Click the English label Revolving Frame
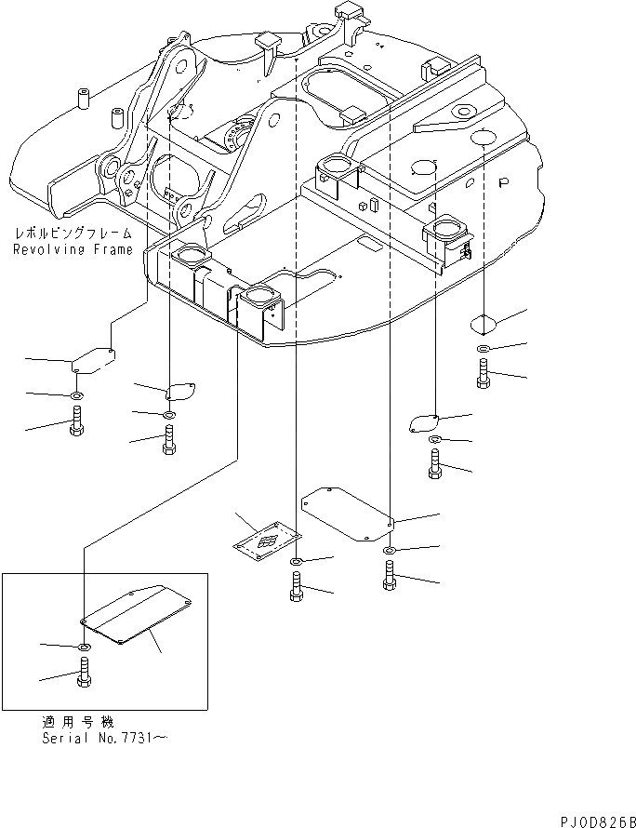[x=73, y=250]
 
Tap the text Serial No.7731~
[x=105, y=737]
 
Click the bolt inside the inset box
[x=84, y=674]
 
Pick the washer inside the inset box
[x=84, y=647]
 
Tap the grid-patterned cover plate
[x=268, y=544]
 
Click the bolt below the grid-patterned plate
[x=295, y=588]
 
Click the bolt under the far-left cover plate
[x=76, y=424]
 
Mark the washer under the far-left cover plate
[x=76, y=396]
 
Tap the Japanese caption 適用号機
[x=72, y=722]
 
